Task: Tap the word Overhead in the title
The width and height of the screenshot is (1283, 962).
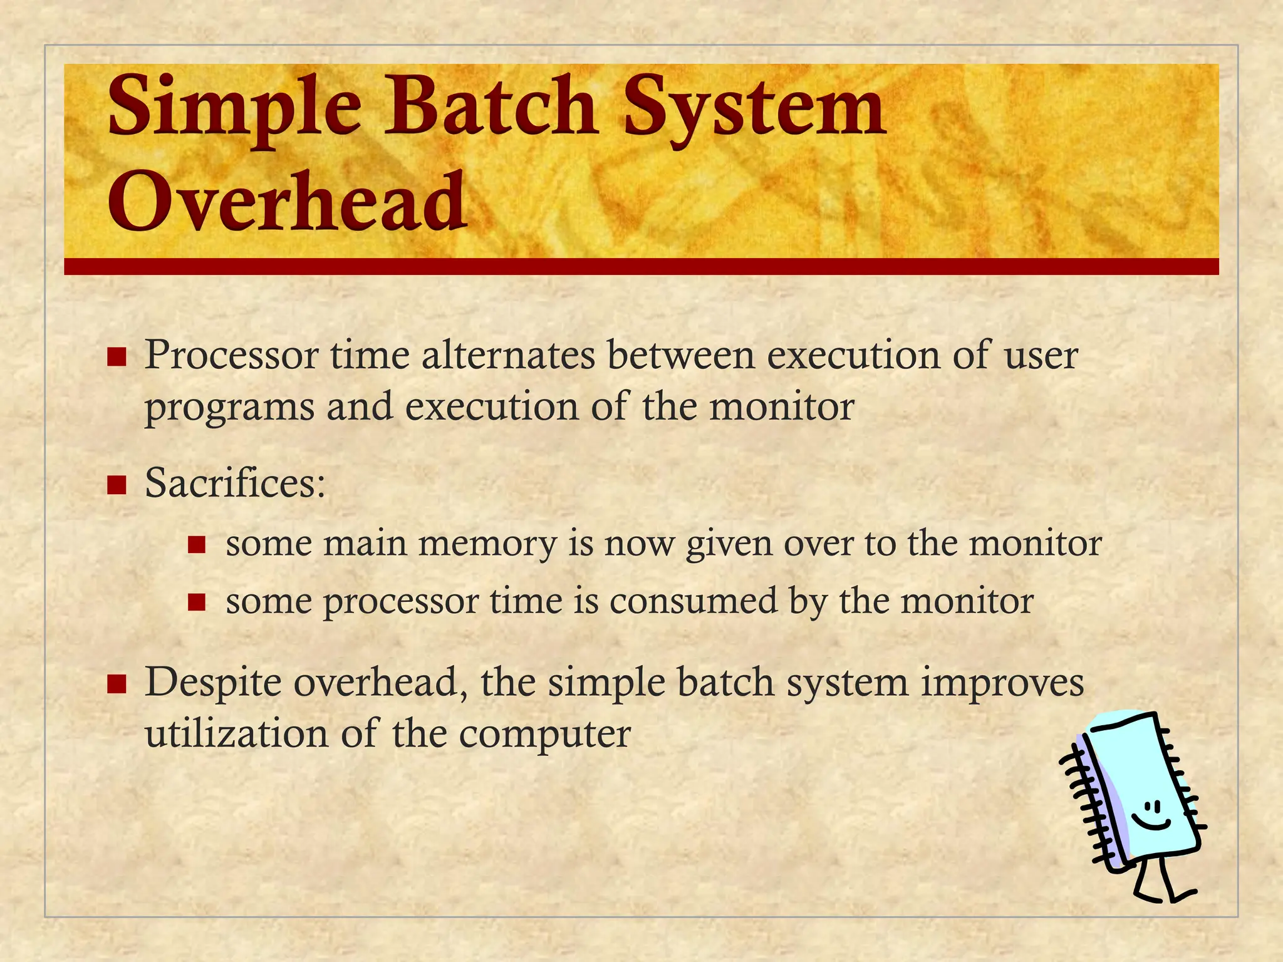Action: tap(288, 202)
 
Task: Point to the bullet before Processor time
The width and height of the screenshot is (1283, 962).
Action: tap(117, 357)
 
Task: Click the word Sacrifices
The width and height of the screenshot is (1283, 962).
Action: tap(235, 484)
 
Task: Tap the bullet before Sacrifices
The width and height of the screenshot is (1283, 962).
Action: tap(117, 485)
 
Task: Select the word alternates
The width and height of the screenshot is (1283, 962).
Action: tap(508, 355)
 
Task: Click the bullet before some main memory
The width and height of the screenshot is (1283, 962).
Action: tap(197, 544)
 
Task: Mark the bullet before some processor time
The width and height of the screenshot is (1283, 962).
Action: tap(197, 602)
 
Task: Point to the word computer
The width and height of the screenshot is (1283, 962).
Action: tap(544, 735)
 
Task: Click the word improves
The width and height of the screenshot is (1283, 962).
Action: tap(1002, 683)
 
